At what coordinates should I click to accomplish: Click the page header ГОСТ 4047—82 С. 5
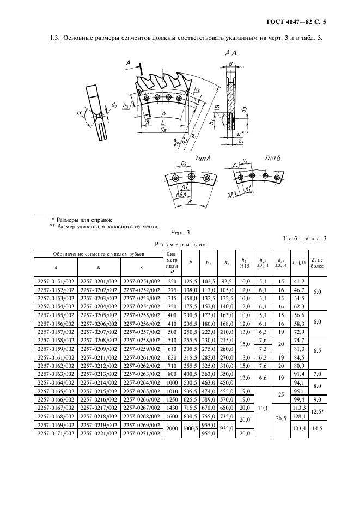pyautogui.click(x=296, y=22)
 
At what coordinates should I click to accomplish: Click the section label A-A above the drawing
pyautogui.click(x=231, y=53)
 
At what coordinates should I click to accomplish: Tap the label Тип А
pyautogui.click(x=203, y=158)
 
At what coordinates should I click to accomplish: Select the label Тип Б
pyautogui.click(x=272, y=158)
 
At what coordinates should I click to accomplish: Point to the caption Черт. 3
pyautogui.click(x=180, y=232)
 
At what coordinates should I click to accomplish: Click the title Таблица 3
pyautogui.click(x=304, y=239)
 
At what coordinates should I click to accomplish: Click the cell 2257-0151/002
pyautogui.click(x=56, y=282)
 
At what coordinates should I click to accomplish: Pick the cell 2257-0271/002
pyautogui.click(x=142, y=434)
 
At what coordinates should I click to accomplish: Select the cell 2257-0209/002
pyautogui.click(x=99, y=349)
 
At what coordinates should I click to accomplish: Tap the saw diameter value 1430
pyautogui.click(x=172, y=408)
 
